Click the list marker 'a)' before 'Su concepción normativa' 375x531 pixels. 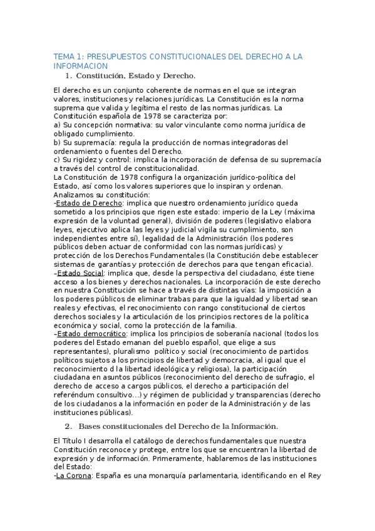[x=58, y=125]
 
